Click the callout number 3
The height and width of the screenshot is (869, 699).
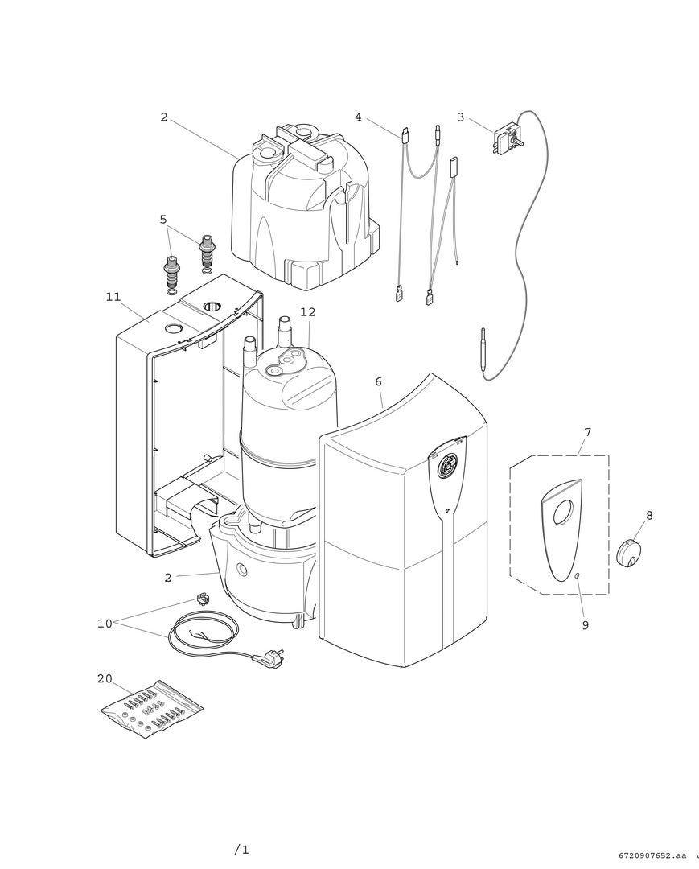click(x=461, y=117)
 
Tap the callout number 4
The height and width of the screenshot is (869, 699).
click(x=358, y=117)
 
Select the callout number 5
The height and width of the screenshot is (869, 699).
click(x=163, y=219)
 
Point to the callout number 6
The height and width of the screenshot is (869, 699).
click(x=378, y=381)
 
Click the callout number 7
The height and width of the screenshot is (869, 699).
click(x=587, y=432)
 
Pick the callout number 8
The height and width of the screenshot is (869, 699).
click(x=649, y=515)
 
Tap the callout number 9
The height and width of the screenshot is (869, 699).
click(x=585, y=624)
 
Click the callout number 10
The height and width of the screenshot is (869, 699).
click(x=105, y=624)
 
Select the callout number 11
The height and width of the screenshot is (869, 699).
click(x=113, y=297)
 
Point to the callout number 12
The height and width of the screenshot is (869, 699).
click(x=307, y=312)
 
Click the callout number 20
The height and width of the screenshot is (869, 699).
click(x=105, y=678)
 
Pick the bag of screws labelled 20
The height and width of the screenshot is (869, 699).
click(x=152, y=709)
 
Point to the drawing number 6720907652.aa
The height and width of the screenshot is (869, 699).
click(x=653, y=855)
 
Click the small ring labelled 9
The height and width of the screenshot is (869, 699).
click(x=578, y=575)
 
